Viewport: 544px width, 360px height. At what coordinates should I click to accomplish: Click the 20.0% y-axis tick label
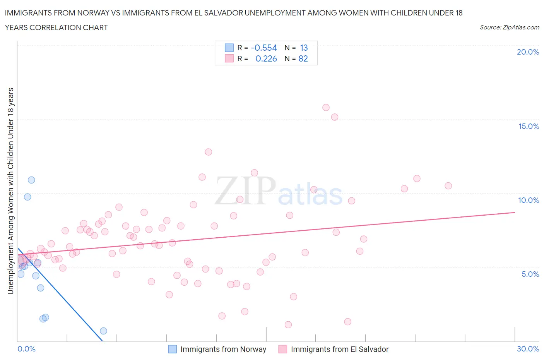(528, 52)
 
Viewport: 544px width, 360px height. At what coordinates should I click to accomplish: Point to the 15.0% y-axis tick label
(529, 126)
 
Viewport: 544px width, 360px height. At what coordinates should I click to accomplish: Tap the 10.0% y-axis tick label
(529, 200)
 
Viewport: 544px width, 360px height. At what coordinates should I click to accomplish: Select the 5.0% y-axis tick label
(530, 274)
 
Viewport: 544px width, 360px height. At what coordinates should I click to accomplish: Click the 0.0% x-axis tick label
(26, 349)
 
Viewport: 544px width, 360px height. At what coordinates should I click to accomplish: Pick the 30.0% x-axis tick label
(528, 349)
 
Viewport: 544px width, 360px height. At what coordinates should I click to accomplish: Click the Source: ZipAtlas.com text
(509, 27)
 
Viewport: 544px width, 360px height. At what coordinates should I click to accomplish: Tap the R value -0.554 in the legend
(264, 48)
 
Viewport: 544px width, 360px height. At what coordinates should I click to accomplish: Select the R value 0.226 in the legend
(266, 58)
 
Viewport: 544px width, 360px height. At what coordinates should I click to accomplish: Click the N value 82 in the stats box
(303, 58)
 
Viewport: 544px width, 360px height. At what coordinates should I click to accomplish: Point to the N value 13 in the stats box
(304, 48)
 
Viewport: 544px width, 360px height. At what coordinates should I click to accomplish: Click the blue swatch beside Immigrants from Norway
(172, 349)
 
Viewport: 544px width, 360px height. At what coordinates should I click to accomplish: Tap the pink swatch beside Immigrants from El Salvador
(283, 349)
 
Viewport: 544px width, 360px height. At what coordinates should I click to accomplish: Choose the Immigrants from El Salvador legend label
(339, 349)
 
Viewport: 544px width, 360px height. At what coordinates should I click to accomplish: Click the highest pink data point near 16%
(326, 107)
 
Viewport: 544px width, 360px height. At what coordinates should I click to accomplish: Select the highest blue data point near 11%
(31, 180)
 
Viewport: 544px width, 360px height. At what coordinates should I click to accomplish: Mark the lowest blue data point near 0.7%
(103, 331)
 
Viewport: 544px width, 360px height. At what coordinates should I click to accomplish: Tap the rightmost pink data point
(448, 186)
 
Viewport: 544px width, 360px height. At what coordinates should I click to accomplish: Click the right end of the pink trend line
(515, 212)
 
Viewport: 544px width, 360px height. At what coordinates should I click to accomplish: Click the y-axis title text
(11, 191)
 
